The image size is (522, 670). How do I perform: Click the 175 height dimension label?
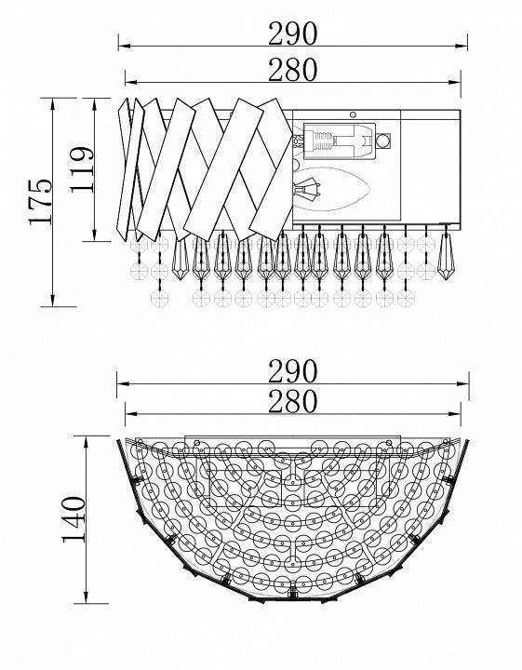[x=40, y=202]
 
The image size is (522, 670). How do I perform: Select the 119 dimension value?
[x=81, y=170]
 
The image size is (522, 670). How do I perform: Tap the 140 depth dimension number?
[x=74, y=519]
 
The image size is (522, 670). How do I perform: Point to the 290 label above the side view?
[x=293, y=33]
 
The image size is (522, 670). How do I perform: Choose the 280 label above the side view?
[x=293, y=70]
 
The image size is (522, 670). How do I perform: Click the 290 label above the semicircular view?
[x=293, y=371]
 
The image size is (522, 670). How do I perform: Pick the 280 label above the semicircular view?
[x=293, y=402]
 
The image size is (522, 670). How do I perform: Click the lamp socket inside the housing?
[x=340, y=141]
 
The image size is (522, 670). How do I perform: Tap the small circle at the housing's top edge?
[x=353, y=114]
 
